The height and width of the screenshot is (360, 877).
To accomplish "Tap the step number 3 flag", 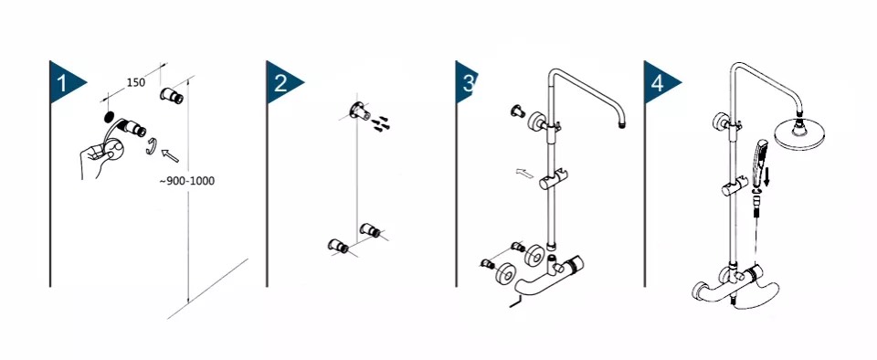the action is tap(465, 82).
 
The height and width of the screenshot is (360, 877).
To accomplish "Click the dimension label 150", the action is tap(135, 83).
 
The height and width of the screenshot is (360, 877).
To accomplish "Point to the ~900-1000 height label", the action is tap(186, 181).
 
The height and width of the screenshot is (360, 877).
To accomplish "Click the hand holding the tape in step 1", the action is tap(100, 158).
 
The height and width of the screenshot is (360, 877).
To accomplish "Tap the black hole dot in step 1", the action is tap(109, 117).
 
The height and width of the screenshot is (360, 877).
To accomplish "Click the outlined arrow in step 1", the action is tap(170, 154).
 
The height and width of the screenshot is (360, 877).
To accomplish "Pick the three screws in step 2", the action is tap(382, 123).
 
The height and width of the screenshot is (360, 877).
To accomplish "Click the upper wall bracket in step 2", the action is tap(359, 111).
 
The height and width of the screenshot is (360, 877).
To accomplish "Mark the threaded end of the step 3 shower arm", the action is tap(622, 124).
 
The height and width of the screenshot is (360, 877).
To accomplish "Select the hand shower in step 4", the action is tap(759, 164).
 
